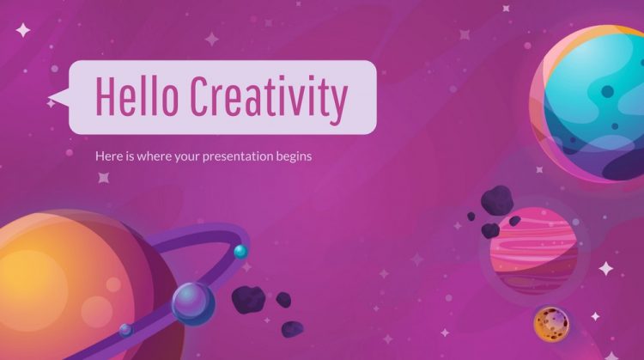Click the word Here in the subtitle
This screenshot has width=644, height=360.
(x=106, y=158)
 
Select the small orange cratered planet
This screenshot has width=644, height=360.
(x=550, y=323)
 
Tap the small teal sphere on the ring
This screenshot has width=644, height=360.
(x=240, y=252)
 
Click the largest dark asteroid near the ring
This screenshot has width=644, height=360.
(x=249, y=297)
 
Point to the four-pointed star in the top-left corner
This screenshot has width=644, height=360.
(x=23, y=30)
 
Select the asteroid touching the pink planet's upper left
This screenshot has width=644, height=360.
(x=491, y=229)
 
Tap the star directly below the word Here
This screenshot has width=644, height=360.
(x=104, y=178)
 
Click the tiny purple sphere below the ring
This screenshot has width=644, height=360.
(x=126, y=329)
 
